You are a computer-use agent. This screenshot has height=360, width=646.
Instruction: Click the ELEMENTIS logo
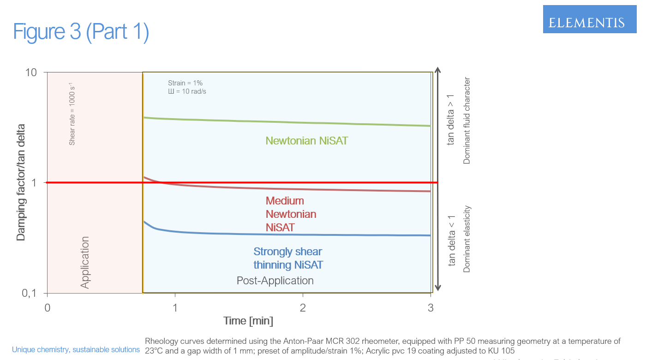coord(586,22)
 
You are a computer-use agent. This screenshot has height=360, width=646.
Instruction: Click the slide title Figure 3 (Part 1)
coord(81,32)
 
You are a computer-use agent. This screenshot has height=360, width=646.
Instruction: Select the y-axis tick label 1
coord(34,183)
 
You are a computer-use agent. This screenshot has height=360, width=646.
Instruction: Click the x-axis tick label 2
coord(303,308)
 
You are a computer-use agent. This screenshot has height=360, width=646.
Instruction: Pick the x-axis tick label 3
coord(431,308)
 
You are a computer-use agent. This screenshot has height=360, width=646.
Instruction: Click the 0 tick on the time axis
coord(47,308)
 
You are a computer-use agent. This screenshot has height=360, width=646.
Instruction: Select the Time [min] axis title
coord(248,321)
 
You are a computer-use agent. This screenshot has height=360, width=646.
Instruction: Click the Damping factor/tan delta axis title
coord(21,182)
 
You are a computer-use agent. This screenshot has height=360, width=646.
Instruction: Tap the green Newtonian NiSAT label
coord(306,141)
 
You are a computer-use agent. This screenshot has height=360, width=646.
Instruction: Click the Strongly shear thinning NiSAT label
coord(288,258)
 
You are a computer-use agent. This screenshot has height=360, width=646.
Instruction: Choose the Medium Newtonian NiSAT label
coord(291,214)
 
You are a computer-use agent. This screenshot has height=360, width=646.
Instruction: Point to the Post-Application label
coord(275,281)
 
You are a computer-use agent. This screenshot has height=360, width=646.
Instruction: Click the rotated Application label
coord(85,263)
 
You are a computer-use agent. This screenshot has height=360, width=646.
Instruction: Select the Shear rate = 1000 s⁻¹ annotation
coord(72,114)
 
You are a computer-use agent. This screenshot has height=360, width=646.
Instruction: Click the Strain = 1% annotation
coord(185,83)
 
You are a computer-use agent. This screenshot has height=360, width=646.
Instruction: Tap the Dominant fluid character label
coord(467,120)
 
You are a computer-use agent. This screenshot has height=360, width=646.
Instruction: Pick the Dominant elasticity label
coord(467,239)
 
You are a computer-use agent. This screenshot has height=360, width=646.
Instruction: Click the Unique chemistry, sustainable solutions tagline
coord(76,350)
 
